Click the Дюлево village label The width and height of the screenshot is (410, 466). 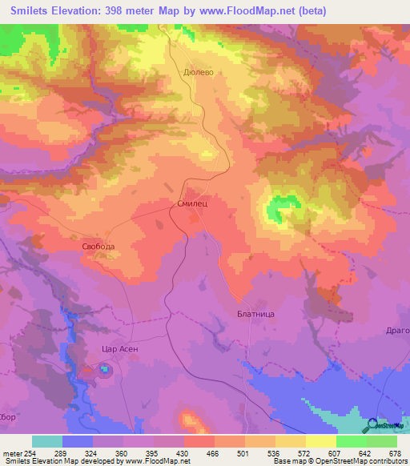197,70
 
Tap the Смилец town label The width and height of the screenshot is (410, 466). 192,204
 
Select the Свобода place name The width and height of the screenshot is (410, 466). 98,247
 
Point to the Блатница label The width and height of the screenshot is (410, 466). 256,314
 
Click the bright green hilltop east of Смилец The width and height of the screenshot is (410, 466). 279,208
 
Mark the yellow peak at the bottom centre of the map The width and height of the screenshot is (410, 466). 189,420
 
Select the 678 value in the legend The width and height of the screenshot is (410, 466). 394,454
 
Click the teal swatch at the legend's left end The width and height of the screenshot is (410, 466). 47,441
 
